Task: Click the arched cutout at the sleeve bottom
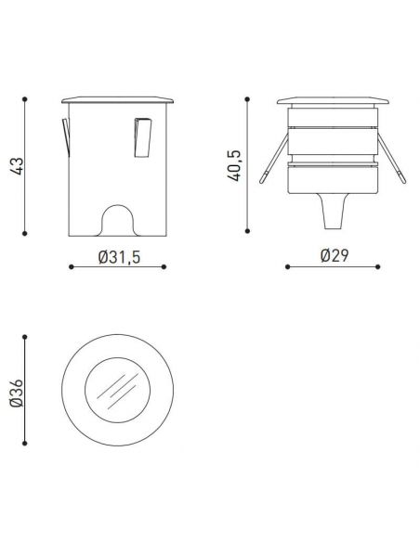pyautogui.click(x=119, y=220)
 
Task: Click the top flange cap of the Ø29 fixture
pyautogui.click(x=333, y=100)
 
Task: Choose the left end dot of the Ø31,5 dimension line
pyautogui.click(x=72, y=267)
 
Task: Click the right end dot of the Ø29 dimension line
pyautogui.click(x=380, y=267)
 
